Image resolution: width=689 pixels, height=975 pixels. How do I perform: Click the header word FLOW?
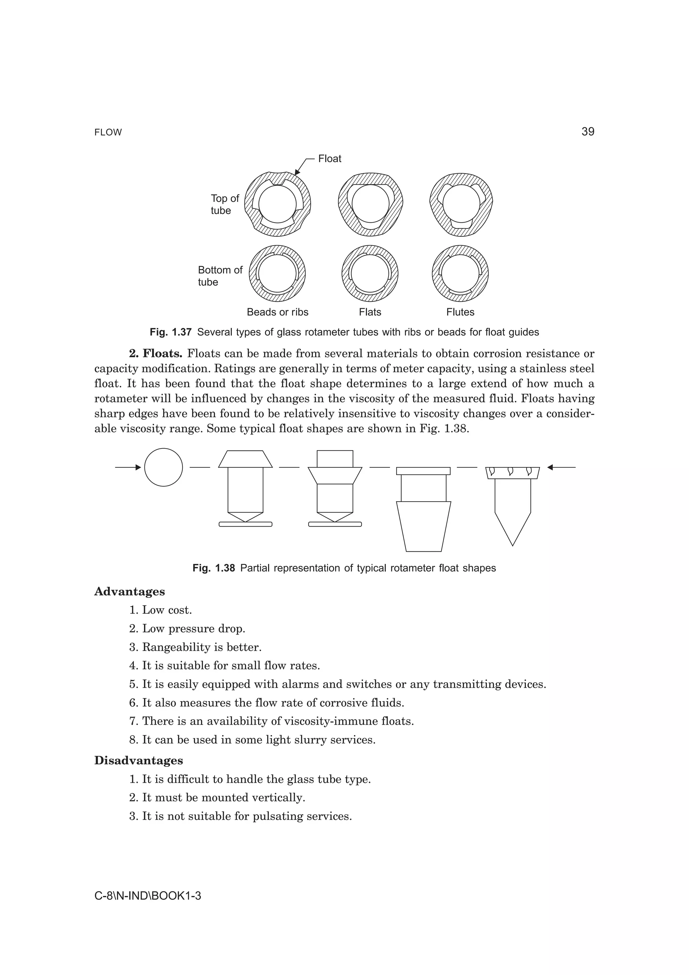108,133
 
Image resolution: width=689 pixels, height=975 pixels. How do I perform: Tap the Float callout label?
329,159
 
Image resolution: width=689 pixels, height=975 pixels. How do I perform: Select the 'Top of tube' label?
225,204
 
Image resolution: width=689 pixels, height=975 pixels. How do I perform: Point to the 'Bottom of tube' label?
220,276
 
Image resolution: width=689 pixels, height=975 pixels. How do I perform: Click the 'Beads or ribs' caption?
277,312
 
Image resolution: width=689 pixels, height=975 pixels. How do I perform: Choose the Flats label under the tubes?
370,312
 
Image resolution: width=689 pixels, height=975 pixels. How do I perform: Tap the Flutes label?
460,312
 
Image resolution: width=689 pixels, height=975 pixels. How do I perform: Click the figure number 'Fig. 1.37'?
171,332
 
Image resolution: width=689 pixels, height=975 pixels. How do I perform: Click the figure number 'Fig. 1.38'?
214,568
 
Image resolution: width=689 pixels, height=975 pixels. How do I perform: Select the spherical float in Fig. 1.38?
164,467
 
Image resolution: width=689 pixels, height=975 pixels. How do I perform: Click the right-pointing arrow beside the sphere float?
128,467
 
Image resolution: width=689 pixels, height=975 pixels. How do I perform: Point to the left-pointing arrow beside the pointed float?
561,467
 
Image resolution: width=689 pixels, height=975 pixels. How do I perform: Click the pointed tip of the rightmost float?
512,544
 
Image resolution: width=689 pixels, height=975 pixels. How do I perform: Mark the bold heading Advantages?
130,591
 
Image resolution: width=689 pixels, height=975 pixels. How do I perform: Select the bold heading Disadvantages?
138,761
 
